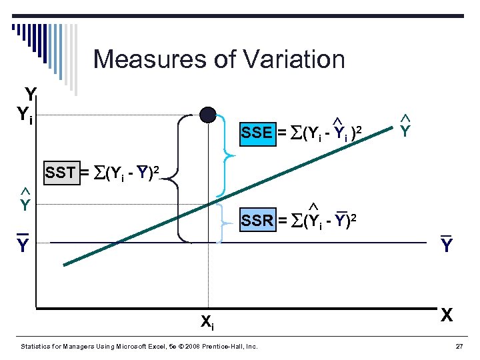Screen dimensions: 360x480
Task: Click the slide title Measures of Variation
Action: click(x=219, y=59)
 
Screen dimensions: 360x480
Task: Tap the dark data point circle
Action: click(x=208, y=115)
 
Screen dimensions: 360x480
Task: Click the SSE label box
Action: click(x=257, y=132)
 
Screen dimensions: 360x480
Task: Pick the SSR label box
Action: click(x=257, y=220)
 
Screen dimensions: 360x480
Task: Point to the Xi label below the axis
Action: click(x=207, y=322)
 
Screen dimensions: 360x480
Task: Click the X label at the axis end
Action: click(x=447, y=315)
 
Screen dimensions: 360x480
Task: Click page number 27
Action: click(x=458, y=347)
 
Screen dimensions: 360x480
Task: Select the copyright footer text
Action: click(x=139, y=347)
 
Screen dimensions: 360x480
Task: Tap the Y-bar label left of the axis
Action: click(x=23, y=245)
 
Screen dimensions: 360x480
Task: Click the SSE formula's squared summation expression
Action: click(x=327, y=133)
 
